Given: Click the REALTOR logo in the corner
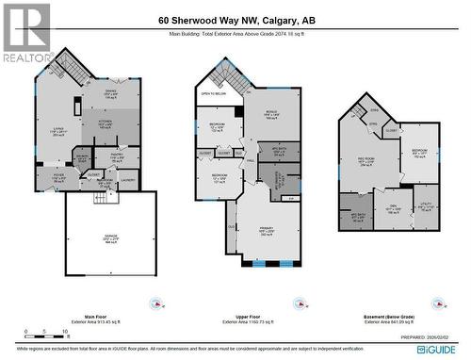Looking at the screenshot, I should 25,32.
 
